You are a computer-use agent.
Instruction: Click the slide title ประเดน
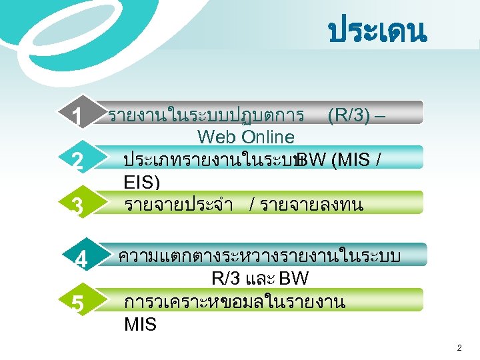[x=377, y=32]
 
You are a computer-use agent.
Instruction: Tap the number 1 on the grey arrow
[x=79, y=118]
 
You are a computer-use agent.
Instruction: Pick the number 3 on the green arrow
[x=77, y=207]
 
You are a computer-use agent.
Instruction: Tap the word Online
[x=268, y=137]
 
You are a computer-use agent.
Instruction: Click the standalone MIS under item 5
[x=140, y=325]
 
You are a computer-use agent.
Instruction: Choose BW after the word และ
[x=294, y=278]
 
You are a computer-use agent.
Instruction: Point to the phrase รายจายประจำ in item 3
[x=178, y=205]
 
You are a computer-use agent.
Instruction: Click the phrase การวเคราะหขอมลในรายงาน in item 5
[x=234, y=303]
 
